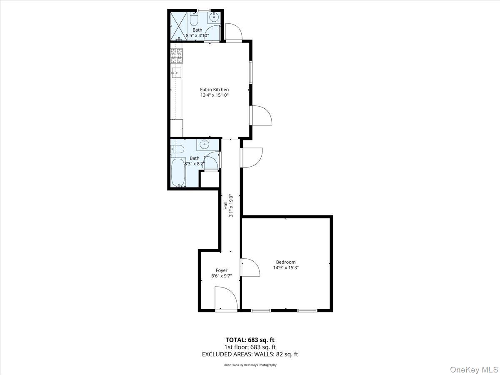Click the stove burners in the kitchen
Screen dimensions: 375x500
pyautogui.click(x=177, y=56)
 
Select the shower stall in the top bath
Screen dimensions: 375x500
pyautogui.click(x=178, y=26)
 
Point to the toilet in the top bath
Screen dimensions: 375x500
pyautogui.click(x=194, y=19)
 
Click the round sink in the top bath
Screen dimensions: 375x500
pyautogui.click(x=214, y=17)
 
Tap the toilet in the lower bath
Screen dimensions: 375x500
pyautogui.click(x=177, y=148)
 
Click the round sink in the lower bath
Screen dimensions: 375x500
pyautogui.click(x=205, y=145)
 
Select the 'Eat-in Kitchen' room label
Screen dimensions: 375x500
pyautogui.click(x=214, y=90)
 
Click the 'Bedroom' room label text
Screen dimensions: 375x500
pyautogui.click(x=286, y=262)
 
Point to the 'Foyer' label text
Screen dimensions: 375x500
pyautogui.click(x=221, y=270)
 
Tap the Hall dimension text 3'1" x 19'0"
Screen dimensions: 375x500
pyautogui.click(x=230, y=205)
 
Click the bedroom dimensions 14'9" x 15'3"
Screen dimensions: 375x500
pyautogui.click(x=286, y=268)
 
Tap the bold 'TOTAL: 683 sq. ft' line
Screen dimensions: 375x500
pyautogui.click(x=250, y=340)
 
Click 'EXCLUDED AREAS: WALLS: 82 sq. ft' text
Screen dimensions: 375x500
pyautogui.click(x=250, y=354)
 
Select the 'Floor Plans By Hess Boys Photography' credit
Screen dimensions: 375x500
pyautogui.click(x=250, y=365)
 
